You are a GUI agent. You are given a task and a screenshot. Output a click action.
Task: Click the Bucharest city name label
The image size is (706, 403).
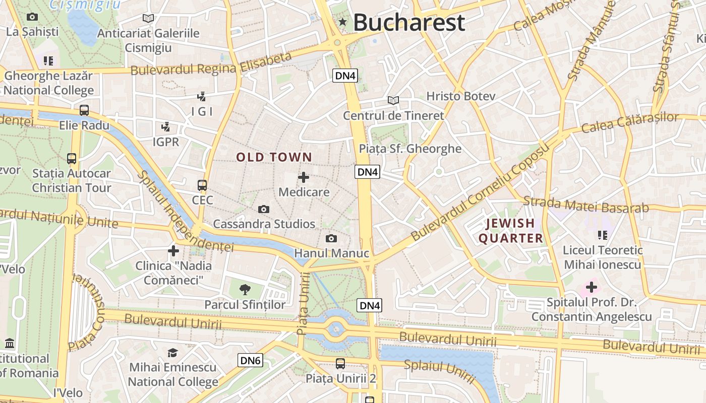pos(408,23)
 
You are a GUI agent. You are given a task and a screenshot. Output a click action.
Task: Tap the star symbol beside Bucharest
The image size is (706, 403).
pos(343,22)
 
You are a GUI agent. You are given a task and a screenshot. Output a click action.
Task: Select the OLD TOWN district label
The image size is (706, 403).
pos(274,157)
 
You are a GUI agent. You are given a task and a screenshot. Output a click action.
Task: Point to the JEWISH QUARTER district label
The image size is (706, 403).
pos(510,231)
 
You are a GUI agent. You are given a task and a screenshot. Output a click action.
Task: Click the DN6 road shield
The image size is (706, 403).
pos(250,360)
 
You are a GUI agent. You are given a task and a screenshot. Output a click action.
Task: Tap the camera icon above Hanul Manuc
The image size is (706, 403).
pos(331,238)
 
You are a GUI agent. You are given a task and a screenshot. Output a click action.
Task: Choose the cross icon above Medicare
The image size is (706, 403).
pos(304,177)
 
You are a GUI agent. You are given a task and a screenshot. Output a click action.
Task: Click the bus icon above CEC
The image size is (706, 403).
pos(202,185)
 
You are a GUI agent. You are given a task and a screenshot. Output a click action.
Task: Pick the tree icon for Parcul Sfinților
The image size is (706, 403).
pos(245,289)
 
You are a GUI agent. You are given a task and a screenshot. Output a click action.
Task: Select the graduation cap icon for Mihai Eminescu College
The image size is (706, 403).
pos(173,352)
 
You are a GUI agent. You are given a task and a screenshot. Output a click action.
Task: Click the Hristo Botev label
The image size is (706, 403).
pos(461,96)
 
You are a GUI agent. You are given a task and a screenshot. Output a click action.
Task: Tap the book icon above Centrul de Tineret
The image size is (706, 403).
pos(393,100)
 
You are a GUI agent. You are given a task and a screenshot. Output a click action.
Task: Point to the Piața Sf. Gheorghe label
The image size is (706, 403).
pos(410,149)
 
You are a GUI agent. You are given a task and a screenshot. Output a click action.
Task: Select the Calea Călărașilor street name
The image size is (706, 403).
pos(630,122)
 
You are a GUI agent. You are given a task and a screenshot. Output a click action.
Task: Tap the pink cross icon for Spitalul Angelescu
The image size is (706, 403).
pos(591,288)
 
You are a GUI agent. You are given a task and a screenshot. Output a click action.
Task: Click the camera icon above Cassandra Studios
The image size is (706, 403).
pos(263,209)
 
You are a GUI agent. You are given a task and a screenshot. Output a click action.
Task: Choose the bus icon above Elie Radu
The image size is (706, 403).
pos(84,110)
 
